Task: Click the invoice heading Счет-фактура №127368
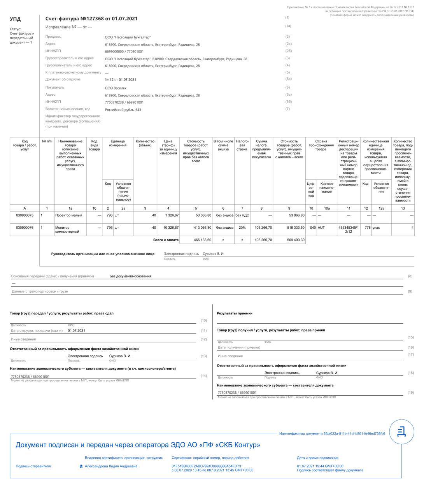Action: [x=91, y=19]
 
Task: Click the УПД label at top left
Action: [x=15, y=19]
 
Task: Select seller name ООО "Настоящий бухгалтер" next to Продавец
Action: [x=128, y=37]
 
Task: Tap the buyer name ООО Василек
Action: [x=116, y=88]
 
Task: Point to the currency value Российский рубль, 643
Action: [x=123, y=110]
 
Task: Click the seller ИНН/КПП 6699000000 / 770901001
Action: [x=124, y=52]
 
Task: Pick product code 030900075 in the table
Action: [x=25, y=215]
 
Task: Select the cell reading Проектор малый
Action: [x=68, y=215]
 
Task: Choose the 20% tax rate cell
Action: [x=242, y=228]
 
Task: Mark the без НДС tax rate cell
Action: [x=242, y=215]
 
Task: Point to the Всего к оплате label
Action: [x=166, y=240]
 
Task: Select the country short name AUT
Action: [x=321, y=228]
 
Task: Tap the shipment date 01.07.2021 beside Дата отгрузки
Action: [x=76, y=331]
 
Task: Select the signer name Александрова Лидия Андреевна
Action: [x=111, y=466]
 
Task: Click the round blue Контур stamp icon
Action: [x=401, y=431]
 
